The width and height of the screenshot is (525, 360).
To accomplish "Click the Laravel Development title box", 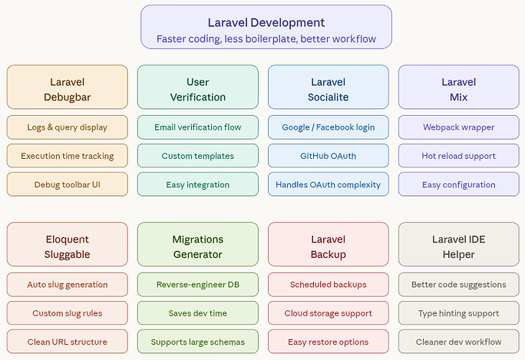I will [266, 27].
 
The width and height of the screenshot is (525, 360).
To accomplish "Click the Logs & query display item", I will [68, 127].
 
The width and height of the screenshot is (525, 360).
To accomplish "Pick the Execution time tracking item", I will [68, 156].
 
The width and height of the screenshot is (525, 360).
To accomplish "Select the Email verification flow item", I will [198, 127].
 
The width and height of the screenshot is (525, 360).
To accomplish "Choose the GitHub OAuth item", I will [329, 156].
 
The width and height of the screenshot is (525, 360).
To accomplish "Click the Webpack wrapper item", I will [459, 127].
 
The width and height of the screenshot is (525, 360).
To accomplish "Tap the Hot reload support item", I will [459, 156].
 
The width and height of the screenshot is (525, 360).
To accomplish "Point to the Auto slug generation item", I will [68, 285].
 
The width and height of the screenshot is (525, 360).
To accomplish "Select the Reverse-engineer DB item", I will [198, 285].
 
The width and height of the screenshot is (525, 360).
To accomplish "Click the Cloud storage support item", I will [329, 313].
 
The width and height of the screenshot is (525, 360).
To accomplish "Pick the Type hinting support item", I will [459, 313].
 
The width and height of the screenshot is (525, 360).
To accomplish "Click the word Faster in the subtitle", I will [173, 38].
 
